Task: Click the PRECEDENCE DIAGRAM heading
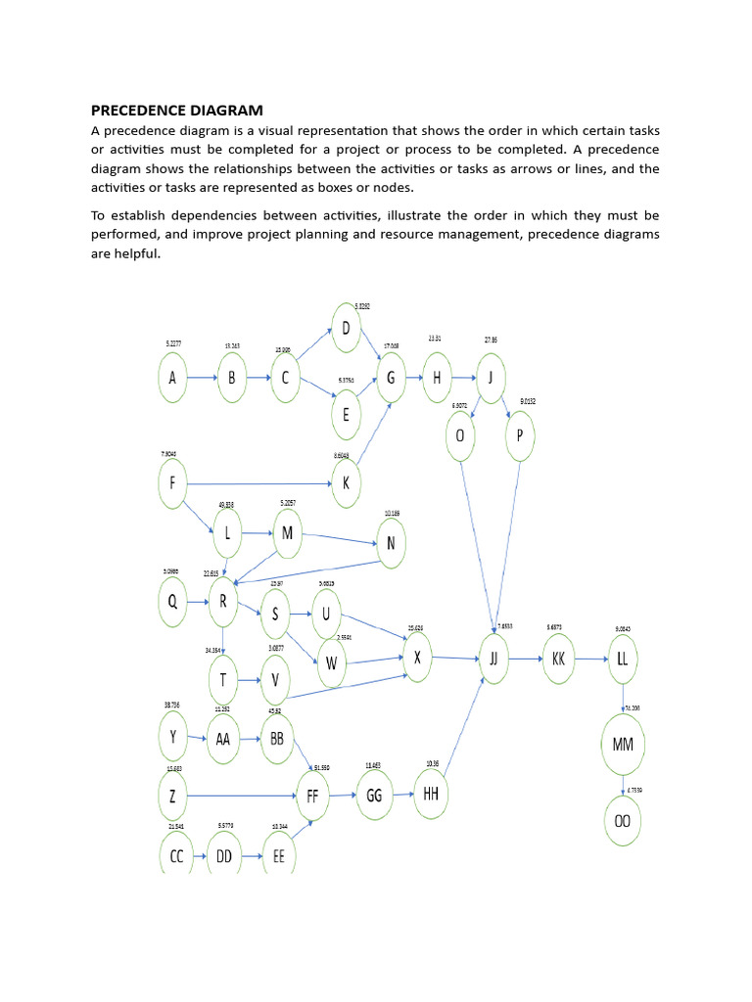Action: click(177, 110)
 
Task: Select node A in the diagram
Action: click(174, 378)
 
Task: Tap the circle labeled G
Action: click(391, 378)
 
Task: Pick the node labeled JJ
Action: click(493, 659)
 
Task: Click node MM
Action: click(623, 745)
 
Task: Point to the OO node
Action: click(623, 821)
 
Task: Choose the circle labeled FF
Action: click(312, 796)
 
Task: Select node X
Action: click(417, 658)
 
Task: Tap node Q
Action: click(174, 603)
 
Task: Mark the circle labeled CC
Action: click(176, 855)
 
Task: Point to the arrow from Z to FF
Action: click(239, 796)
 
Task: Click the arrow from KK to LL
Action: click(590, 659)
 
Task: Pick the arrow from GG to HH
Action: click(402, 796)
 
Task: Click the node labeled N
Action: click(390, 545)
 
